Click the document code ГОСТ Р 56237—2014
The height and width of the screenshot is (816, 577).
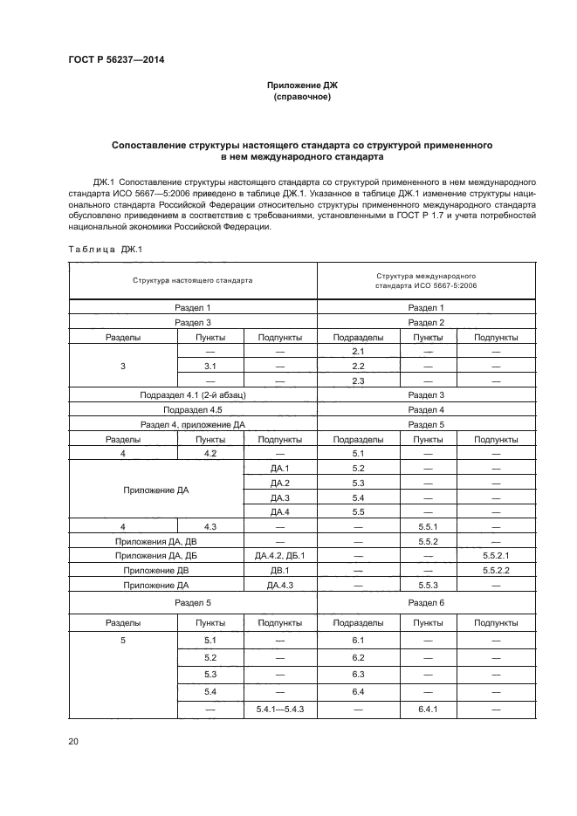116,60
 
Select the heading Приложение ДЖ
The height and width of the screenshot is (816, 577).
302,86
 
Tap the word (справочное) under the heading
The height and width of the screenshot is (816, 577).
302,97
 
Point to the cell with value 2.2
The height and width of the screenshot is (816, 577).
357,366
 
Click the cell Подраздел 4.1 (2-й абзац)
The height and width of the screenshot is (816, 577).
193,394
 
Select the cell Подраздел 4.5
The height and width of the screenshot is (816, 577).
193,409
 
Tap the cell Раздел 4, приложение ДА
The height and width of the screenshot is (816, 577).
193,424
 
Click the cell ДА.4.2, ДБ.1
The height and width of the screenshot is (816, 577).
279,555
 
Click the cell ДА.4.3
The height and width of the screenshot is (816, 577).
279,585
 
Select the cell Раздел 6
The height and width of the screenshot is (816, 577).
426,603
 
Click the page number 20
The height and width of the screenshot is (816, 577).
73,742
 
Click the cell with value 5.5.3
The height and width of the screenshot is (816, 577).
427,585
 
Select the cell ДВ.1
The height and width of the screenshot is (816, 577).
279,570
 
